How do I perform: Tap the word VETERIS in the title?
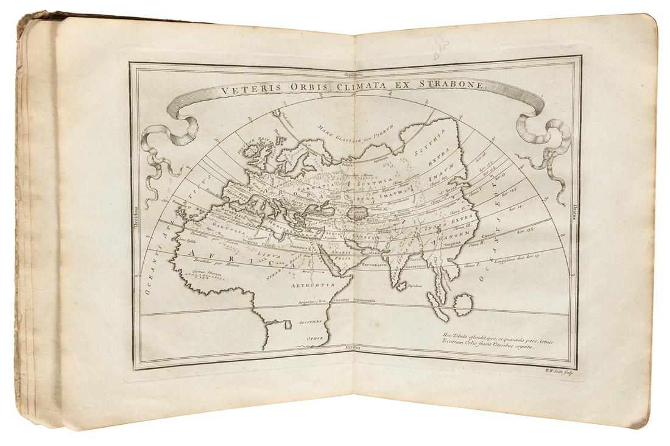[245, 91]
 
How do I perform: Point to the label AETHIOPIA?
[312, 284]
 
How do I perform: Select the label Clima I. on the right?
[473, 266]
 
